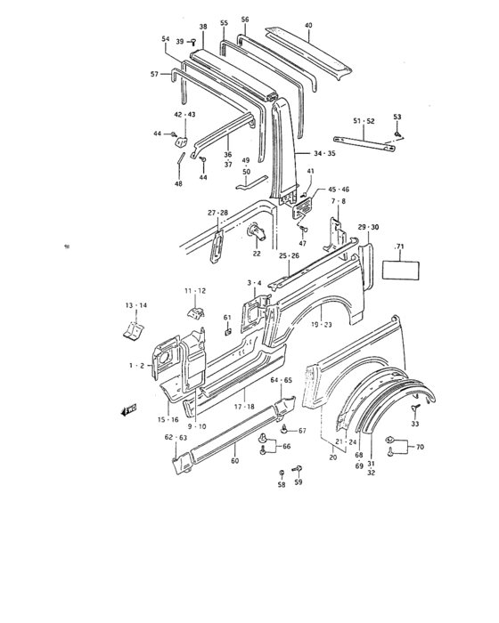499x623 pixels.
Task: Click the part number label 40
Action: (x=307, y=25)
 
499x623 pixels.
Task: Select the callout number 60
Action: (x=235, y=461)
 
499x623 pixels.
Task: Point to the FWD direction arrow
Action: (x=127, y=410)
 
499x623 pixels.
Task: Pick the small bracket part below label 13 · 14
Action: (x=132, y=330)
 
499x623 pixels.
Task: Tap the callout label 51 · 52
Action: (x=363, y=120)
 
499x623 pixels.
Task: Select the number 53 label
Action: (x=397, y=117)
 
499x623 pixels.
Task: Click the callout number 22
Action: (x=257, y=254)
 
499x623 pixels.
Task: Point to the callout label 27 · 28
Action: (x=218, y=213)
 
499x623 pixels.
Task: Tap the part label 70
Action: (x=420, y=447)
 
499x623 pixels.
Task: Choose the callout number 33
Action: (x=415, y=424)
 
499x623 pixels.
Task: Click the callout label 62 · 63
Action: (x=175, y=438)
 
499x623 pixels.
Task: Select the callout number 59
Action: (x=299, y=483)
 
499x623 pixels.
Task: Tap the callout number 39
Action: (x=179, y=42)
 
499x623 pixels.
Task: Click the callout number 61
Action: (x=227, y=317)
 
